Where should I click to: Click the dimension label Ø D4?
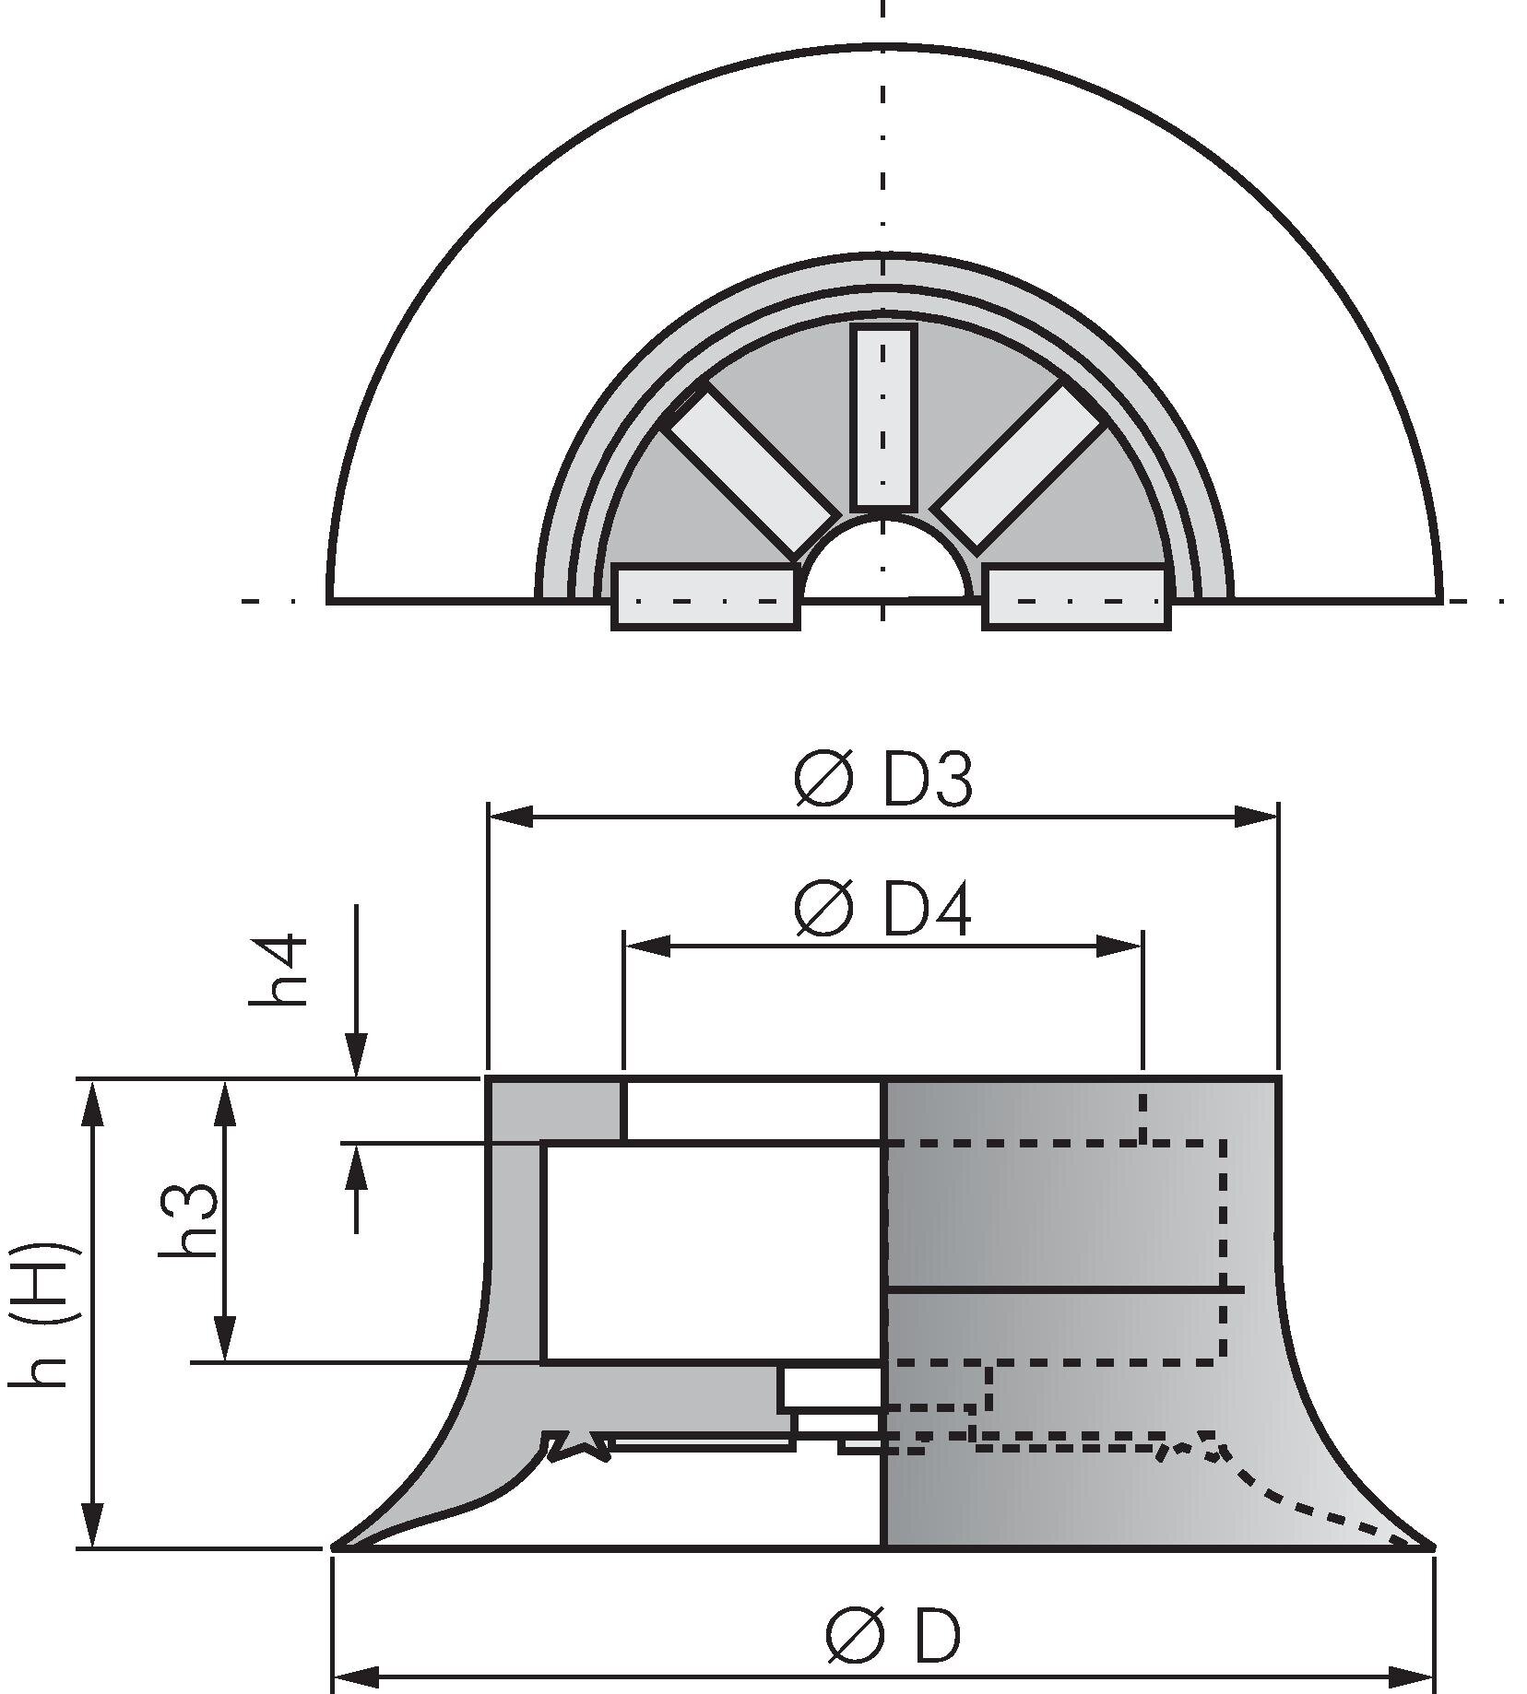click(x=882, y=911)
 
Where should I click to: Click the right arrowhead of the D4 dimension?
click(x=1119, y=946)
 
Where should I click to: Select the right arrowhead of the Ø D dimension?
click(x=1411, y=1674)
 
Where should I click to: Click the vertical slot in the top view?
click(x=883, y=417)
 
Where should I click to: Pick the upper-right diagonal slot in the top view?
click(x=1018, y=468)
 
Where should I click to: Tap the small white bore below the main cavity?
click(x=832, y=1388)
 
